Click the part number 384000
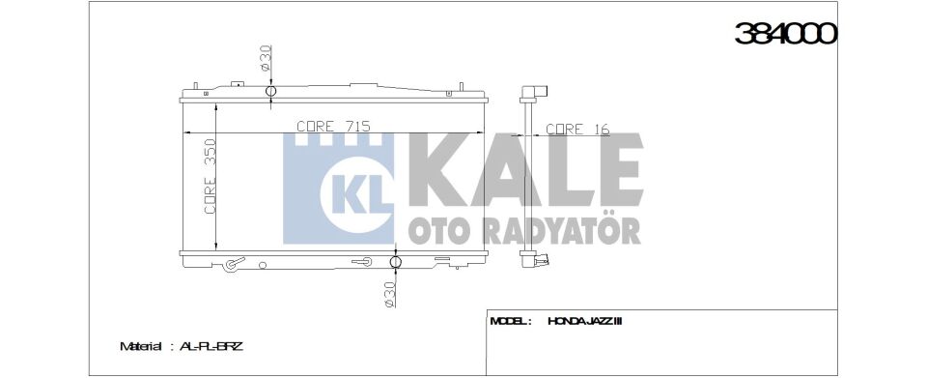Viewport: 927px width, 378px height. [x=785, y=34]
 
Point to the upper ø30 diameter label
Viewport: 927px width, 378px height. [x=264, y=59]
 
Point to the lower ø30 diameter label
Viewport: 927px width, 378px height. [x=388, y=293]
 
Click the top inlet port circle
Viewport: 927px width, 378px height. [x=270, y=93]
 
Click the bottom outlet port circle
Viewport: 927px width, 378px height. [x=396, y=262]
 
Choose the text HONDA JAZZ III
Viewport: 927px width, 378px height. [x=584, y=320]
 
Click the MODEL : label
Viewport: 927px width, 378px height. [x=511, y=320]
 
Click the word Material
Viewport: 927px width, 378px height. [x=141, y=345]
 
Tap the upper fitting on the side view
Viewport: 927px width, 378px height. [x=533, y=94]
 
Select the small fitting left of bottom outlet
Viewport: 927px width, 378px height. [x=362, y=261]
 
